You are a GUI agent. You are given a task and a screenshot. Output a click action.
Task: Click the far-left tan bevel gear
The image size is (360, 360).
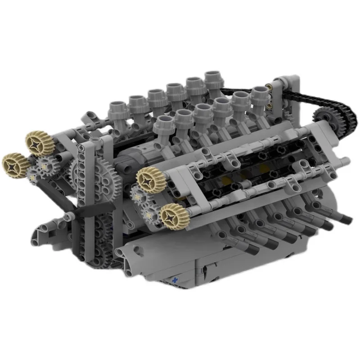[x=16, y=165]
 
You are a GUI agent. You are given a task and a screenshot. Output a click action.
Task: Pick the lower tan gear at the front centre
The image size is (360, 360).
[x=172, y=216]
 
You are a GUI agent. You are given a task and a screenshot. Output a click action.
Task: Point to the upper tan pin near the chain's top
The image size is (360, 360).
[x=270, y=86]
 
